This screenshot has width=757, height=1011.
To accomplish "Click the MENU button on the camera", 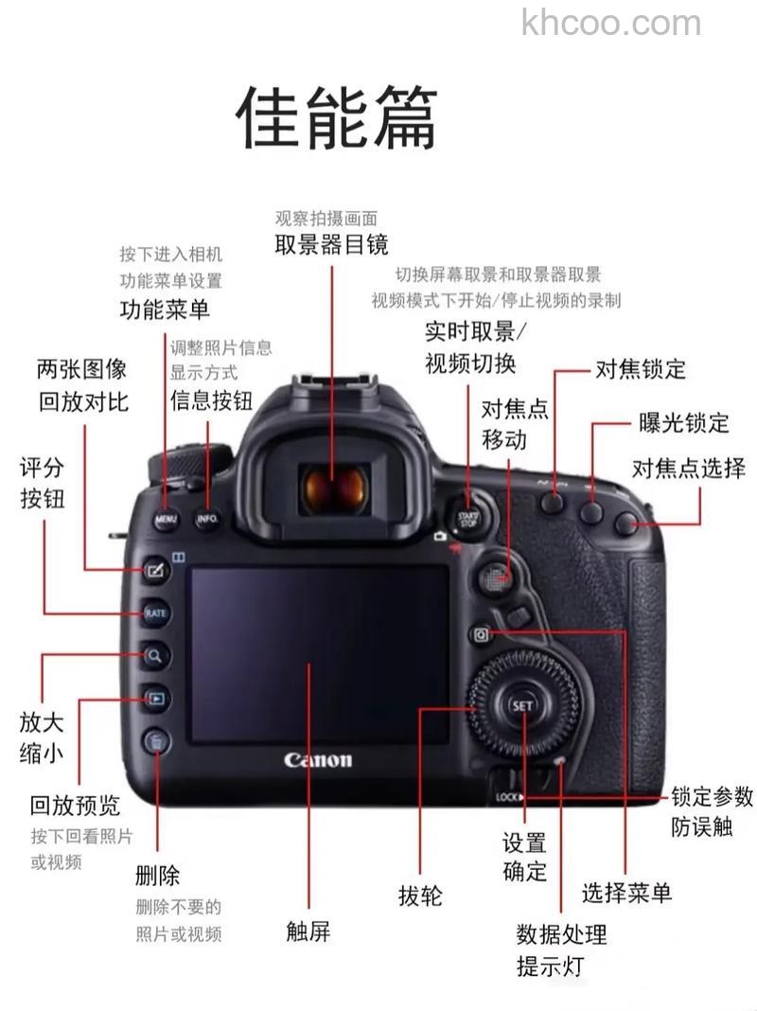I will coord(166,520).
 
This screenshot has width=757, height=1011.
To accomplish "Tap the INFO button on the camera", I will coord(207,520).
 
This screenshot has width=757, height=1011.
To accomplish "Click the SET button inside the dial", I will coord(522,706).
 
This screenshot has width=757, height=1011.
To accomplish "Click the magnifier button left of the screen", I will coord(155,654).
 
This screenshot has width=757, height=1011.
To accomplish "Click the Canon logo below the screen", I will coord(318,759).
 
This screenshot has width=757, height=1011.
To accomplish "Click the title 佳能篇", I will coord(336,117).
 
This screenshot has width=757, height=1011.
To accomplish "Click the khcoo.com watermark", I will coord(611,23).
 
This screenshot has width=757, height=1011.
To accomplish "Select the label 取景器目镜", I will coord(331,245).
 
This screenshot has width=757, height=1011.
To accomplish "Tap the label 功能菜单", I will coord(165,309).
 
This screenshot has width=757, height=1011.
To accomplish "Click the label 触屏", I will coord(308,931).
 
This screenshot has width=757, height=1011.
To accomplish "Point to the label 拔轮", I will coord(420,895).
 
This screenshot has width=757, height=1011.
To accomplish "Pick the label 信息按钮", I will coord(211,400).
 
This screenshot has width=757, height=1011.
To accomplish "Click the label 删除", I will coord(157,875).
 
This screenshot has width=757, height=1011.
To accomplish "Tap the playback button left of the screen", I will coord(156,700).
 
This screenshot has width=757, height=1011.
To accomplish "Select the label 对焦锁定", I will coord(641,368).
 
